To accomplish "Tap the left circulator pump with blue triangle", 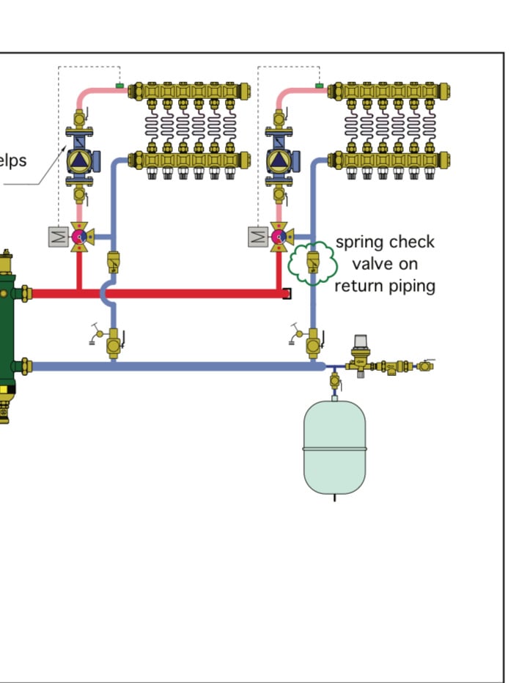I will click(x=78, y=160).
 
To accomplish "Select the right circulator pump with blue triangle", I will click(x=279, y=160).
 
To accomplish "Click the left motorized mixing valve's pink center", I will click(x=78, y=236).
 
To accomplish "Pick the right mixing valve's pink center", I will click(x=279, y=236).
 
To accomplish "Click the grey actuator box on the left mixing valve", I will click(x=58, y=237).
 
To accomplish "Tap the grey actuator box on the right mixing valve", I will click(x=258, y=237).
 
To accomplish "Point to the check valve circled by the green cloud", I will click(x=313, y=260).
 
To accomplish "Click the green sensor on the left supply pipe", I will click(x=119, y=86).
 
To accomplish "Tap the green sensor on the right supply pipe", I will click(x=320, y=86).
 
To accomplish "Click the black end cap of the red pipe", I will click(x=287, y=294).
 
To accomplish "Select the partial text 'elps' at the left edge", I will click(x=13, y=159).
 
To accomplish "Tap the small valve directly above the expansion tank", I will click(x=334, y=381).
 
